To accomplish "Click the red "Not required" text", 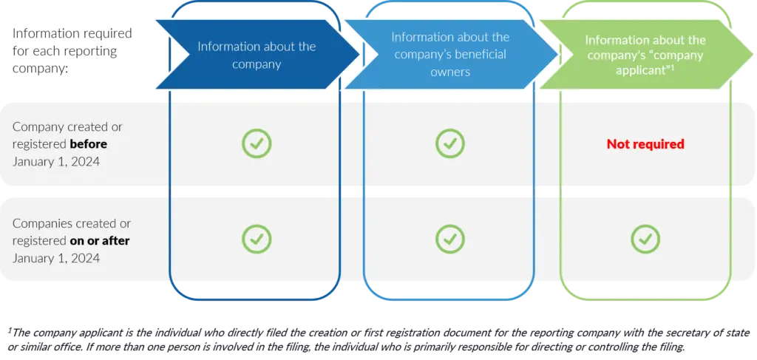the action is pos(645,144).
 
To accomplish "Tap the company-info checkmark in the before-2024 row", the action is pos(257,143).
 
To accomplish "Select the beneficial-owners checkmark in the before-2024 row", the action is pos(450,143).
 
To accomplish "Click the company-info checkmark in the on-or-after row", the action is pos(257,239).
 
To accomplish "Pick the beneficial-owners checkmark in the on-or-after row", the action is pos(450,239).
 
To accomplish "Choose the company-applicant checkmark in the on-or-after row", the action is pos(645,239).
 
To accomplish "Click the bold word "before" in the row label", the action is pos(89,144).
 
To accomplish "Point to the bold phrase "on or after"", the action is pos(100,240).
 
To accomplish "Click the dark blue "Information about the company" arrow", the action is pos(257,55).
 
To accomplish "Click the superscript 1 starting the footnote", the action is pos(10,330).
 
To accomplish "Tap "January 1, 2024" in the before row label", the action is pos(56,161).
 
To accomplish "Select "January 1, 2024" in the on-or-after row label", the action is pos(56,258).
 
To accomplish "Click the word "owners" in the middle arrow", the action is pos(450,72).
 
